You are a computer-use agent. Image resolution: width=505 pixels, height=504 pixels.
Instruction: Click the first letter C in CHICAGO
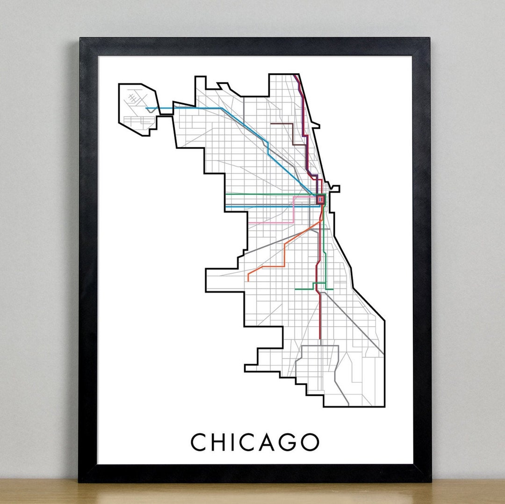coord(199,442)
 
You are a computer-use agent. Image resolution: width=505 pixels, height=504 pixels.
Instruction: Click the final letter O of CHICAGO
coord(310,442)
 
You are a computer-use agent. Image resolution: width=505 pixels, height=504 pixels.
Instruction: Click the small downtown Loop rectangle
coord(320,199)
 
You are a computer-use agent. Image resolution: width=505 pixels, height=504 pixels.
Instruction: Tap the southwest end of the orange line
coord(248,280)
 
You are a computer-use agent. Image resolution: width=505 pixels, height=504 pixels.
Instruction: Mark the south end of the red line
coord(320,339)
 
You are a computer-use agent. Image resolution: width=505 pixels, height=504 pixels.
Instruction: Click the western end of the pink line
coord(248,222)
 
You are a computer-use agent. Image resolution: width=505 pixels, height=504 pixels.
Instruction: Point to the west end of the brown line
coord(271,124)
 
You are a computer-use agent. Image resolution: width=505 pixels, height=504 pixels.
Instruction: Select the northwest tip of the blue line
coord(146,109)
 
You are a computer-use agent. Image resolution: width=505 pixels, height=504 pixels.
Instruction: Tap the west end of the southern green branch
coord(295,289)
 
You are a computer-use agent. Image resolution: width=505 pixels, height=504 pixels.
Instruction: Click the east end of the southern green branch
coord(333,289)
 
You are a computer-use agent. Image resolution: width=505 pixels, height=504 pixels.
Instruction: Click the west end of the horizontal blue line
coord(225,206)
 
